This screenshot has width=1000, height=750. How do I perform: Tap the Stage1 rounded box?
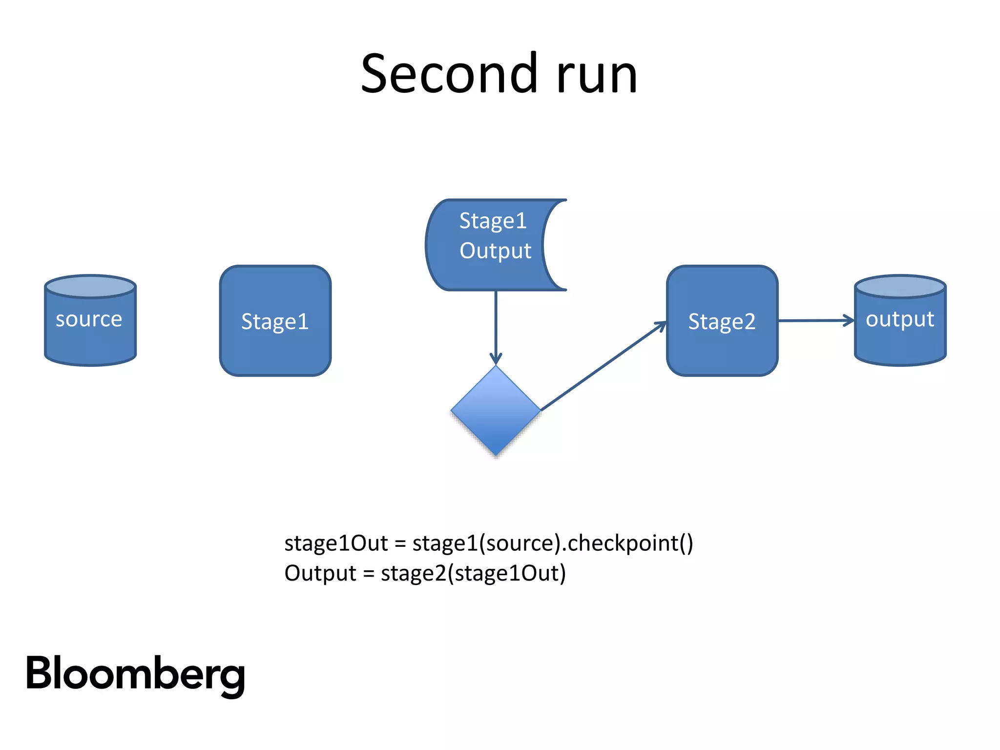(x=275, y=321)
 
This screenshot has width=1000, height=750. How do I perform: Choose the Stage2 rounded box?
(x=722, y=321)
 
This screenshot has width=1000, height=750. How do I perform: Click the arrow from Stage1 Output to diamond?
(x=496, y=327)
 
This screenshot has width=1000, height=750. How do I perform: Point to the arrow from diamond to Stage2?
(x=603, y=366)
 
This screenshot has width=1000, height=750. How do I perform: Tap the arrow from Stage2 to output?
(x=815, y=321)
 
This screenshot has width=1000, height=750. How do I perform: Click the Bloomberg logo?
(x=135, y=674)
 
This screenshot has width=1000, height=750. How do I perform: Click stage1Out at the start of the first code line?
(x=336, y=543)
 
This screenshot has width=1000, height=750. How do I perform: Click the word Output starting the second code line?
(x=320, y=573)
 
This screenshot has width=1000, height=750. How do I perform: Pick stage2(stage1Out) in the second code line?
(x=473, y=573)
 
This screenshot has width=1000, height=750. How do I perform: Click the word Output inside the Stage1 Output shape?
(x=495, y=251)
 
